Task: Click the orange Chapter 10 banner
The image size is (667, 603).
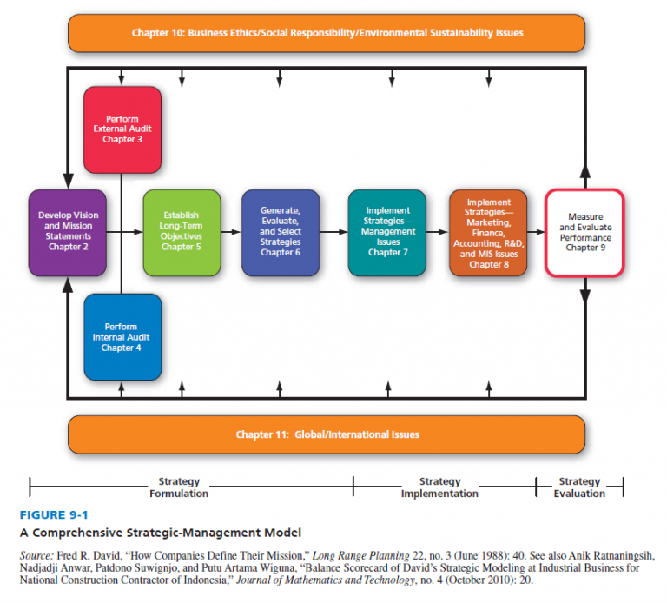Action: (x=327, y=33)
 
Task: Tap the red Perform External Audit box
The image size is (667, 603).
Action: (x=122, y=129)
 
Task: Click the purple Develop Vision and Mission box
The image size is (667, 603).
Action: (x=68, y=232)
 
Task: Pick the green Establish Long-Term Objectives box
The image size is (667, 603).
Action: (x=181, y=232)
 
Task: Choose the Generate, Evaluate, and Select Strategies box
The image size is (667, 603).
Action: (x=281, y=232)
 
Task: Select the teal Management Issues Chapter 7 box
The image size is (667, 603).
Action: (x=386, y=232)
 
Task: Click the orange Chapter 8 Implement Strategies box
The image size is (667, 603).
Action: (x=488, y=232)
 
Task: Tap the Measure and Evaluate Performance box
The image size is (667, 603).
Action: (x=584, y=232)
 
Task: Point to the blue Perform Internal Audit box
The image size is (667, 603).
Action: (x=122, y=337)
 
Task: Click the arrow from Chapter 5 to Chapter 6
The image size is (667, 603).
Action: (x=230, y=232)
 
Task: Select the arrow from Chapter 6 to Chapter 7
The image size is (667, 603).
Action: (x=333, y=232)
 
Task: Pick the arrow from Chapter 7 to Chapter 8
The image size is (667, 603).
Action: (x=438, y=232)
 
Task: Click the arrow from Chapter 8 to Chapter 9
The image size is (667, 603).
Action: (x=536, y=232)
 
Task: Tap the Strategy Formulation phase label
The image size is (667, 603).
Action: (x=179, y=487)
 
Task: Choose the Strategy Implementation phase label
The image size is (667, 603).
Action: (x=439, y=487)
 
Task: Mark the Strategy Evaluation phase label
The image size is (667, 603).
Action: (x=579, y=487)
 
